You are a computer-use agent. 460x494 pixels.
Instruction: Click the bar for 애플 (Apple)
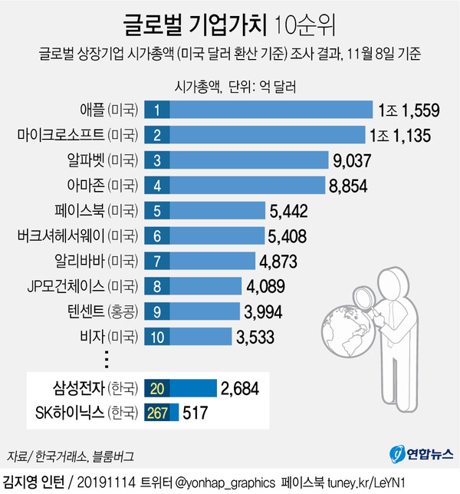click(x=268, y=110)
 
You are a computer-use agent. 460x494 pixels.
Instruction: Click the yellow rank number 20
click(x=157, y=387)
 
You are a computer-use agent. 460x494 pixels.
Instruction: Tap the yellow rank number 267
click(x=157, y=413)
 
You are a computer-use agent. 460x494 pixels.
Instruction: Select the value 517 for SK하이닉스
click(x=196, y=413)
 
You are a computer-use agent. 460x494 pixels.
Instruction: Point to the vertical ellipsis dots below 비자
click(x=107, y=359)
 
